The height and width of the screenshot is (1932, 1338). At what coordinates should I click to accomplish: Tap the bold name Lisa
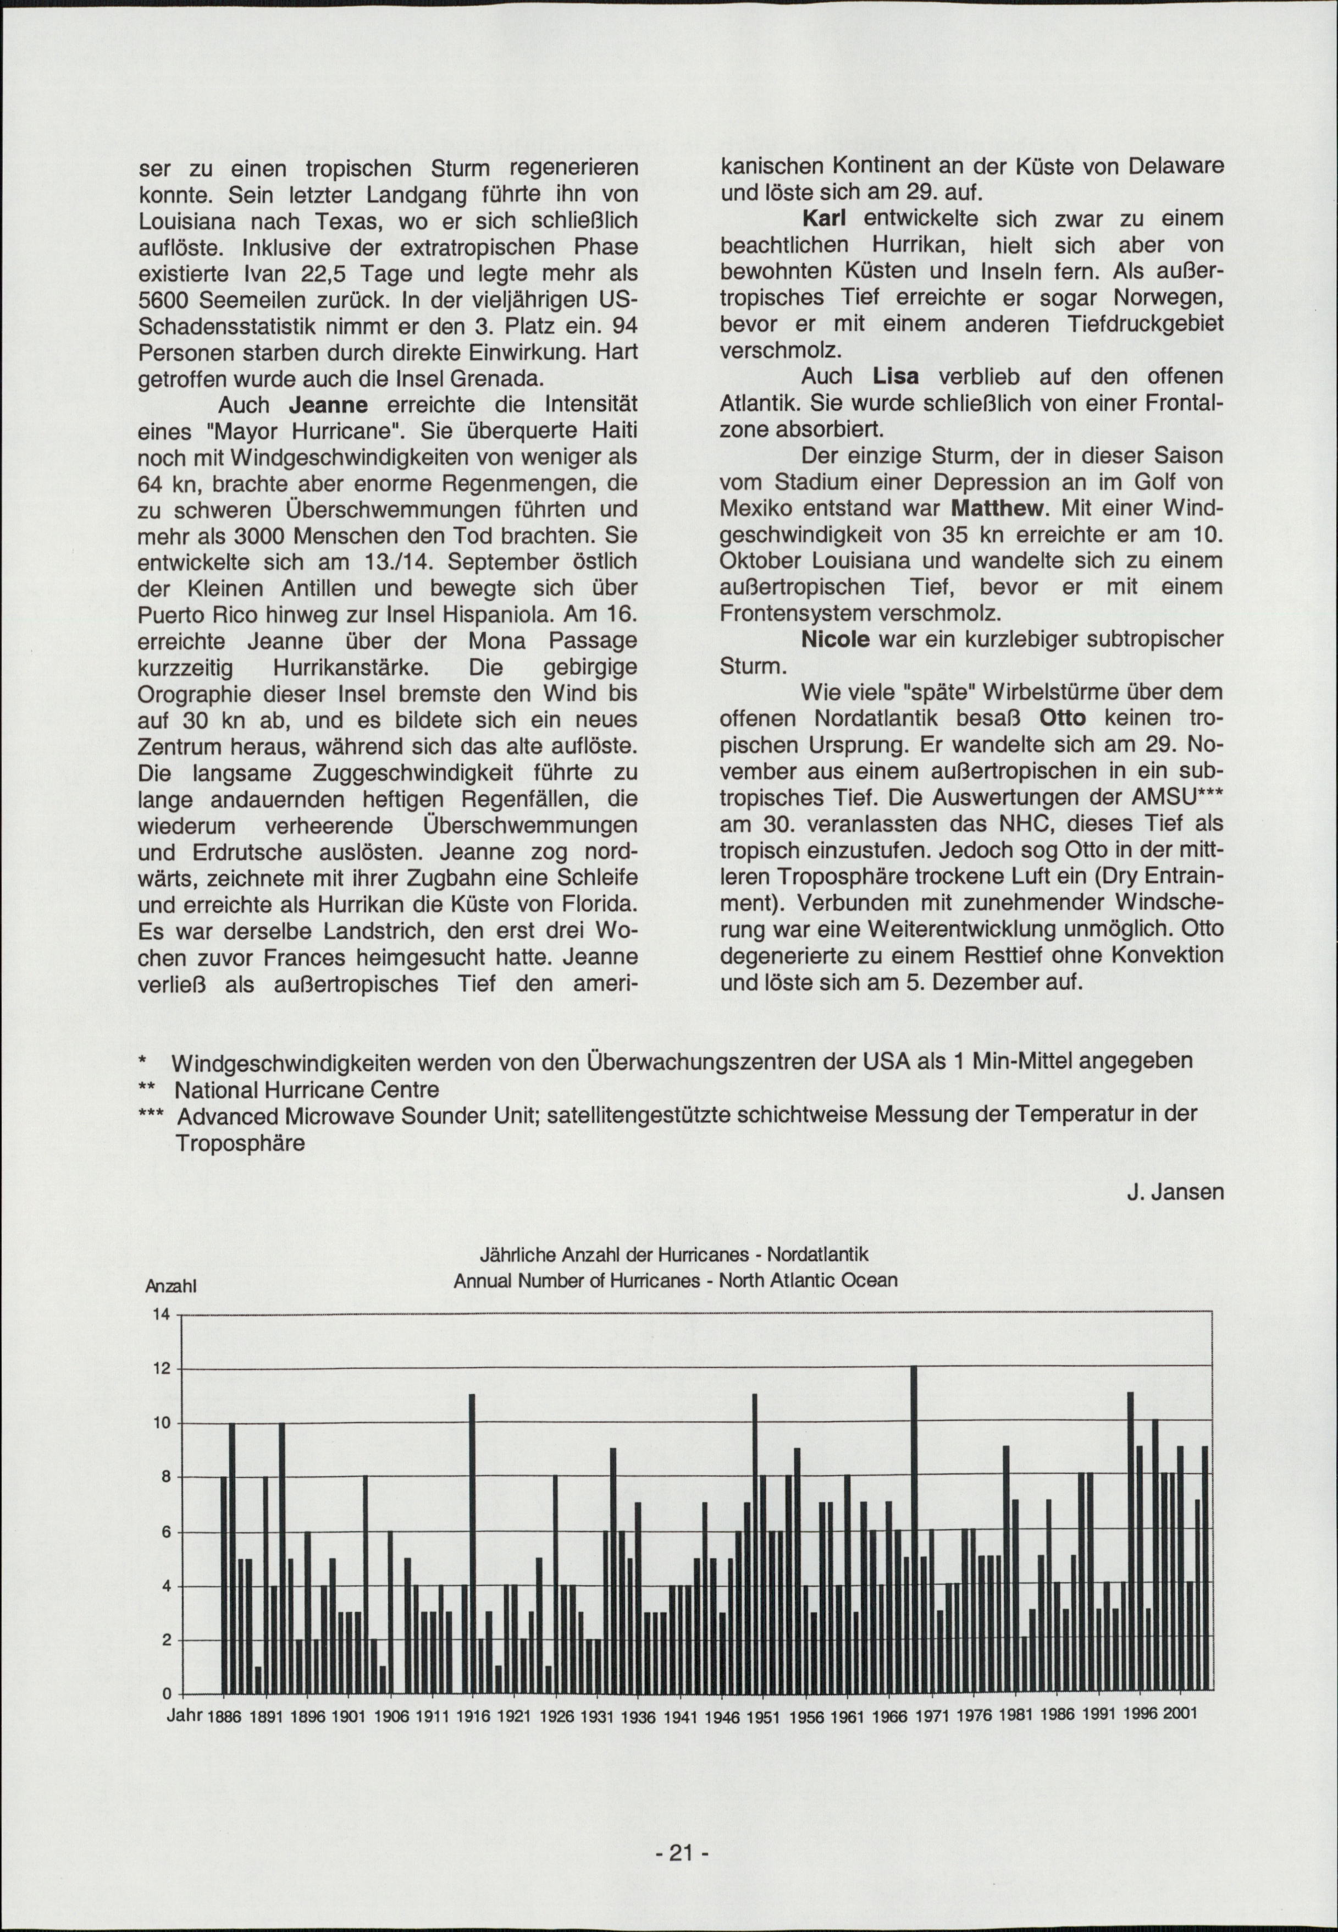(x=896, y=377)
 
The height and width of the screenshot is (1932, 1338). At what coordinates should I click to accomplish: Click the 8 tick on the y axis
(x=165, y=1477)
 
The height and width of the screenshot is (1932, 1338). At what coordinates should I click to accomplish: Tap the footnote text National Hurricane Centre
(x=306, y=1089)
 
